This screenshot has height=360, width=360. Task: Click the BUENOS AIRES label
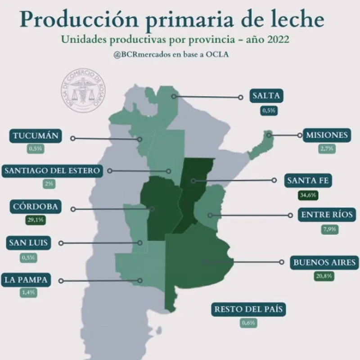pos(325,262)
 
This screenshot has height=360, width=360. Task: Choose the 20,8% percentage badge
pos(324,276)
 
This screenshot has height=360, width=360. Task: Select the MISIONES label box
pos(327,135)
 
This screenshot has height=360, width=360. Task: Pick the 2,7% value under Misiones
pos(327,148)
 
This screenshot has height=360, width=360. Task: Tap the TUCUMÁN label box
pos(36,136)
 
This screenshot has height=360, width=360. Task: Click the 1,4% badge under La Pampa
pos(28,292)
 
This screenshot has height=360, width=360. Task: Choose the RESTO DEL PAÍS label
pos(249,309)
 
